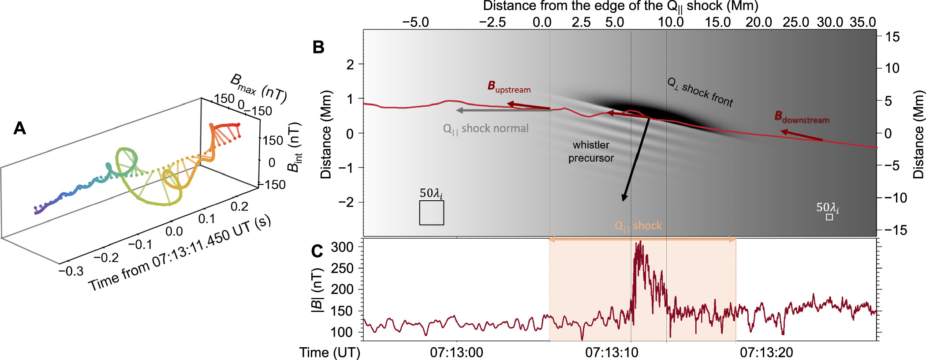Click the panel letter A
click(20, 128)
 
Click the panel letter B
click(318, 48)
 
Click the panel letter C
click(317, 251)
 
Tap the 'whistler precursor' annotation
click(591, 151)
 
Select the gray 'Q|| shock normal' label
click(485, 129)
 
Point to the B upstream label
click(509, 87)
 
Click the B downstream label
click(802, 117)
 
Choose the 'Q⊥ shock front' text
click(700, 92)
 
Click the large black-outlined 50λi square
click(431, 213)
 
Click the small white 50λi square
click(829, 217)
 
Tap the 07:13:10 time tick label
click(612, 352)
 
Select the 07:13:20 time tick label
click(766, 352)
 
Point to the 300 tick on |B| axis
click(342, 247)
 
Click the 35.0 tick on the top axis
click(863, 22)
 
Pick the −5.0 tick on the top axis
click(415, 22)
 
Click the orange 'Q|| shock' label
click(638, 226)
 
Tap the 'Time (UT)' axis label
click(330, 352)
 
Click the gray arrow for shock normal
click(503, 110)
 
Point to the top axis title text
click(620, 6)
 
